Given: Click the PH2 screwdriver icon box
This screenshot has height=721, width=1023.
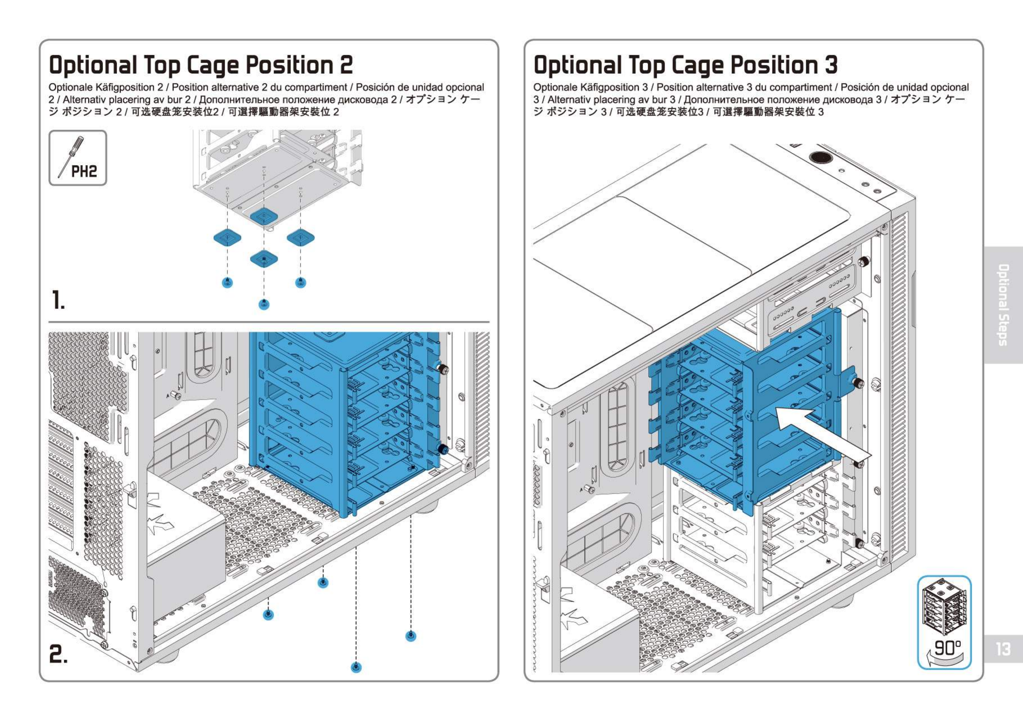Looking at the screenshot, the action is (78, 158).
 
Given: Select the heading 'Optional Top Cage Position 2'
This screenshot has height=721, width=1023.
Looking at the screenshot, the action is (201, 65).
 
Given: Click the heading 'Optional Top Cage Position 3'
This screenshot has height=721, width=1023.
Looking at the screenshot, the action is (686, 65).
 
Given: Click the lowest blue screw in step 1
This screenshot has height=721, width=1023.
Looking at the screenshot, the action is (264, 304).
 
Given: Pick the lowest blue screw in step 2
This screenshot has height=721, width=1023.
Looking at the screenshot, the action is (356, 667).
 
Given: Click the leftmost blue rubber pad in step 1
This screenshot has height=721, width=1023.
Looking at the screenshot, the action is (227, 238).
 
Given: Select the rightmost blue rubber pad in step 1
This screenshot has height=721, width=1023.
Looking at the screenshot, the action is (301, 238).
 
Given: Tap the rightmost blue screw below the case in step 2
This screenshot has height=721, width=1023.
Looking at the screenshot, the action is (411, 636).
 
